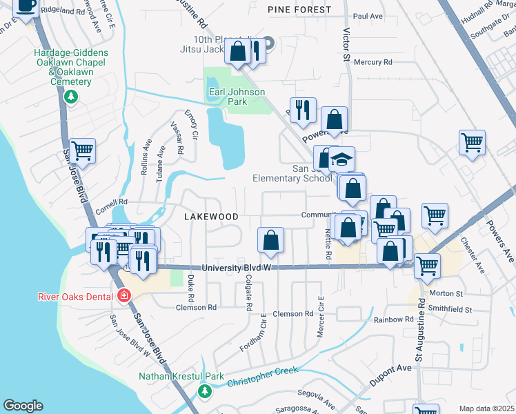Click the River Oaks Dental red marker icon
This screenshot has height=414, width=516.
click(124, 296)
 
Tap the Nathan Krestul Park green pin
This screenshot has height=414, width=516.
click(204, 391)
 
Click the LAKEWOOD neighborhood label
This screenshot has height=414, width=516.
click(211, 216)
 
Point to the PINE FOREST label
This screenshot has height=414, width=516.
click(299, 10)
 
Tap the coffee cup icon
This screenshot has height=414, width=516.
click(26, 7)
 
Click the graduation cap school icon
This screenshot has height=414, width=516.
click(341, 161)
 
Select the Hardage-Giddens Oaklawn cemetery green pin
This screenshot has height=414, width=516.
click(70, 97)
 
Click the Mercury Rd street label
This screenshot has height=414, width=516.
click(373, 62)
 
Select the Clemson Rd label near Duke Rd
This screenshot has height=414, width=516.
click(197, 307)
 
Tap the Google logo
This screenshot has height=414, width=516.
click(23, 405)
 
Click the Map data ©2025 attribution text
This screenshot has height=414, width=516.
click(486, 408)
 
